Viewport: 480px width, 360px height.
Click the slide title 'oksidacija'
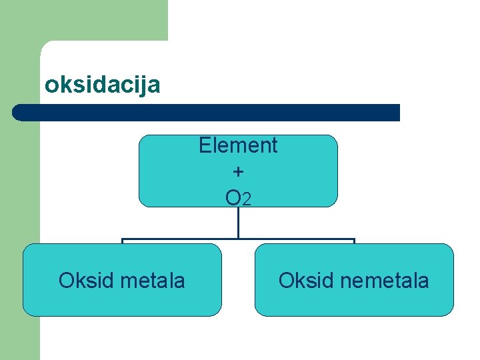point(102,85)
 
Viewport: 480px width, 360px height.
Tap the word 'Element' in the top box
point(238,145)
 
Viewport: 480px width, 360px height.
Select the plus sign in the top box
point(238,171)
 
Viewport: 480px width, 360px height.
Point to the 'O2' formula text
point(238,197)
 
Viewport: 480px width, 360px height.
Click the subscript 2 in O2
point(247,199)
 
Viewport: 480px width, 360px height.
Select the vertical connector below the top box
point(238,223)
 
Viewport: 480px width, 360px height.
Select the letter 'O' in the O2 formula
point(233,197)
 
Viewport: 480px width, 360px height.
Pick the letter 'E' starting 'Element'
point(205,145)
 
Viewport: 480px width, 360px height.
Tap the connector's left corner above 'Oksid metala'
point(122,239)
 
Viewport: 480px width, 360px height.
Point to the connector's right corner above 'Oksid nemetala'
point(354,239)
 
